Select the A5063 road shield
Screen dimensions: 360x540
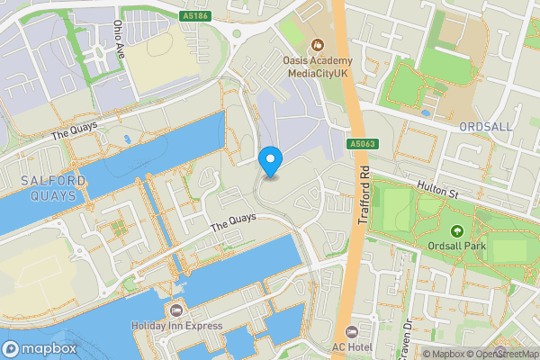coord(362,142)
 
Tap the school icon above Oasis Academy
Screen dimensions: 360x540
coord(316,45)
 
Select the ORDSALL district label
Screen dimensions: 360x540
coord(485,127)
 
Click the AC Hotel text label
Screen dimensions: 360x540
coord(352,347)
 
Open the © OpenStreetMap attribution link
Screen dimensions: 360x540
coord(501,354)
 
